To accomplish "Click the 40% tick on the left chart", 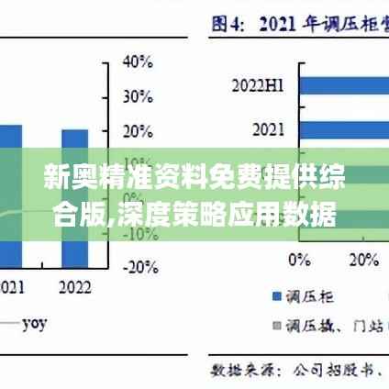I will pos(138,61).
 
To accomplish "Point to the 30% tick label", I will pos(138,95).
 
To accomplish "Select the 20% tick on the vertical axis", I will pos(138,129).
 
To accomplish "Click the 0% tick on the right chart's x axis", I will pos(299,260).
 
